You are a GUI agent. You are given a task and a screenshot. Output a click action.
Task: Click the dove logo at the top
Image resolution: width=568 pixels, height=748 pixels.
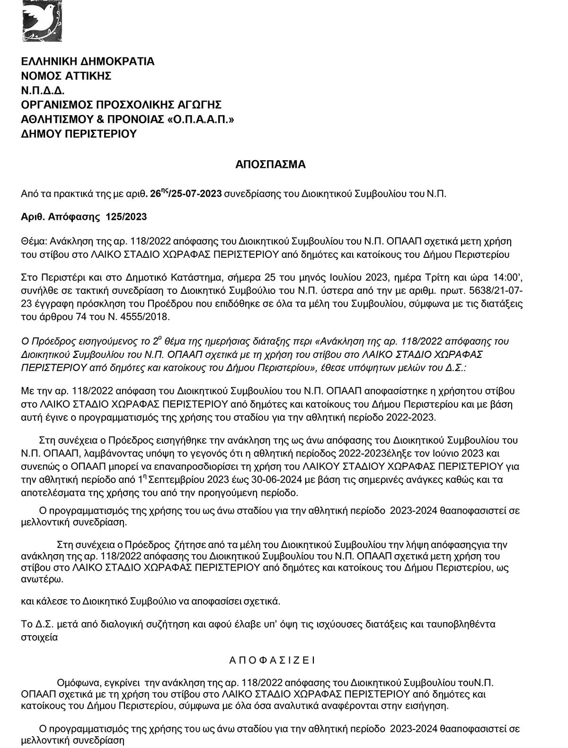pos(42,20)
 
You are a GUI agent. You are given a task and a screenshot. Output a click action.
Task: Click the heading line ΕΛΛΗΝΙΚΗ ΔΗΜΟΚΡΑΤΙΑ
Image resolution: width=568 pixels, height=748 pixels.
pos(88,62)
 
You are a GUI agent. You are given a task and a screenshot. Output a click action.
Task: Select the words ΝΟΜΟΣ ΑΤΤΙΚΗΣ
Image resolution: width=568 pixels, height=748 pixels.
pos(66,76)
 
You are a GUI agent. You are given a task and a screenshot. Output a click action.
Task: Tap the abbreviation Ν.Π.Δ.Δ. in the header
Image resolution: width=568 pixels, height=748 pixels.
pos(43,91)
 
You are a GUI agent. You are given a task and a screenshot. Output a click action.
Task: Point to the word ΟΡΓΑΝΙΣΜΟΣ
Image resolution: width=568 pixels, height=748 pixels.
pos(58,105)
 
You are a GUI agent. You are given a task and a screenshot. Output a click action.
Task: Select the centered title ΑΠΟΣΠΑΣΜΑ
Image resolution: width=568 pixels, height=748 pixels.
pos(270,165)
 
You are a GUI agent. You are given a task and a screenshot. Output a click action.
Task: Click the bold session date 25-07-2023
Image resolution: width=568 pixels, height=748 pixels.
pos(198,194)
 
